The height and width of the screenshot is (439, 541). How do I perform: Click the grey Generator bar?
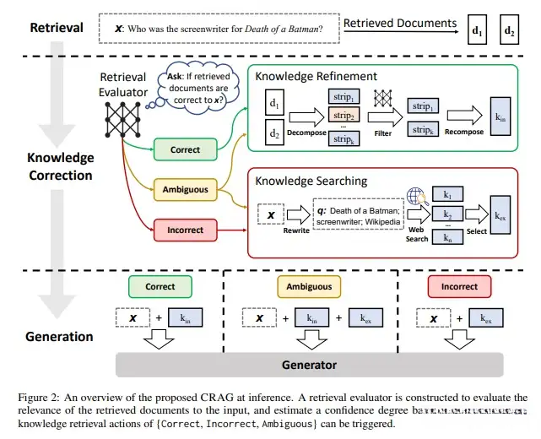click(x=308, y=365)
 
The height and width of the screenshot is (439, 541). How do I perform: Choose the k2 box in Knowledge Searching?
click(x=446, y=217)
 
